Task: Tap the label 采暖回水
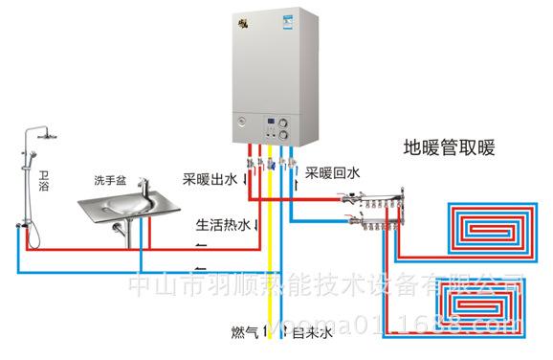(x=332, y=173)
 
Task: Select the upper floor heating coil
(x=488, y=228)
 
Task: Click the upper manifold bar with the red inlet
(x=378, y=200)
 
